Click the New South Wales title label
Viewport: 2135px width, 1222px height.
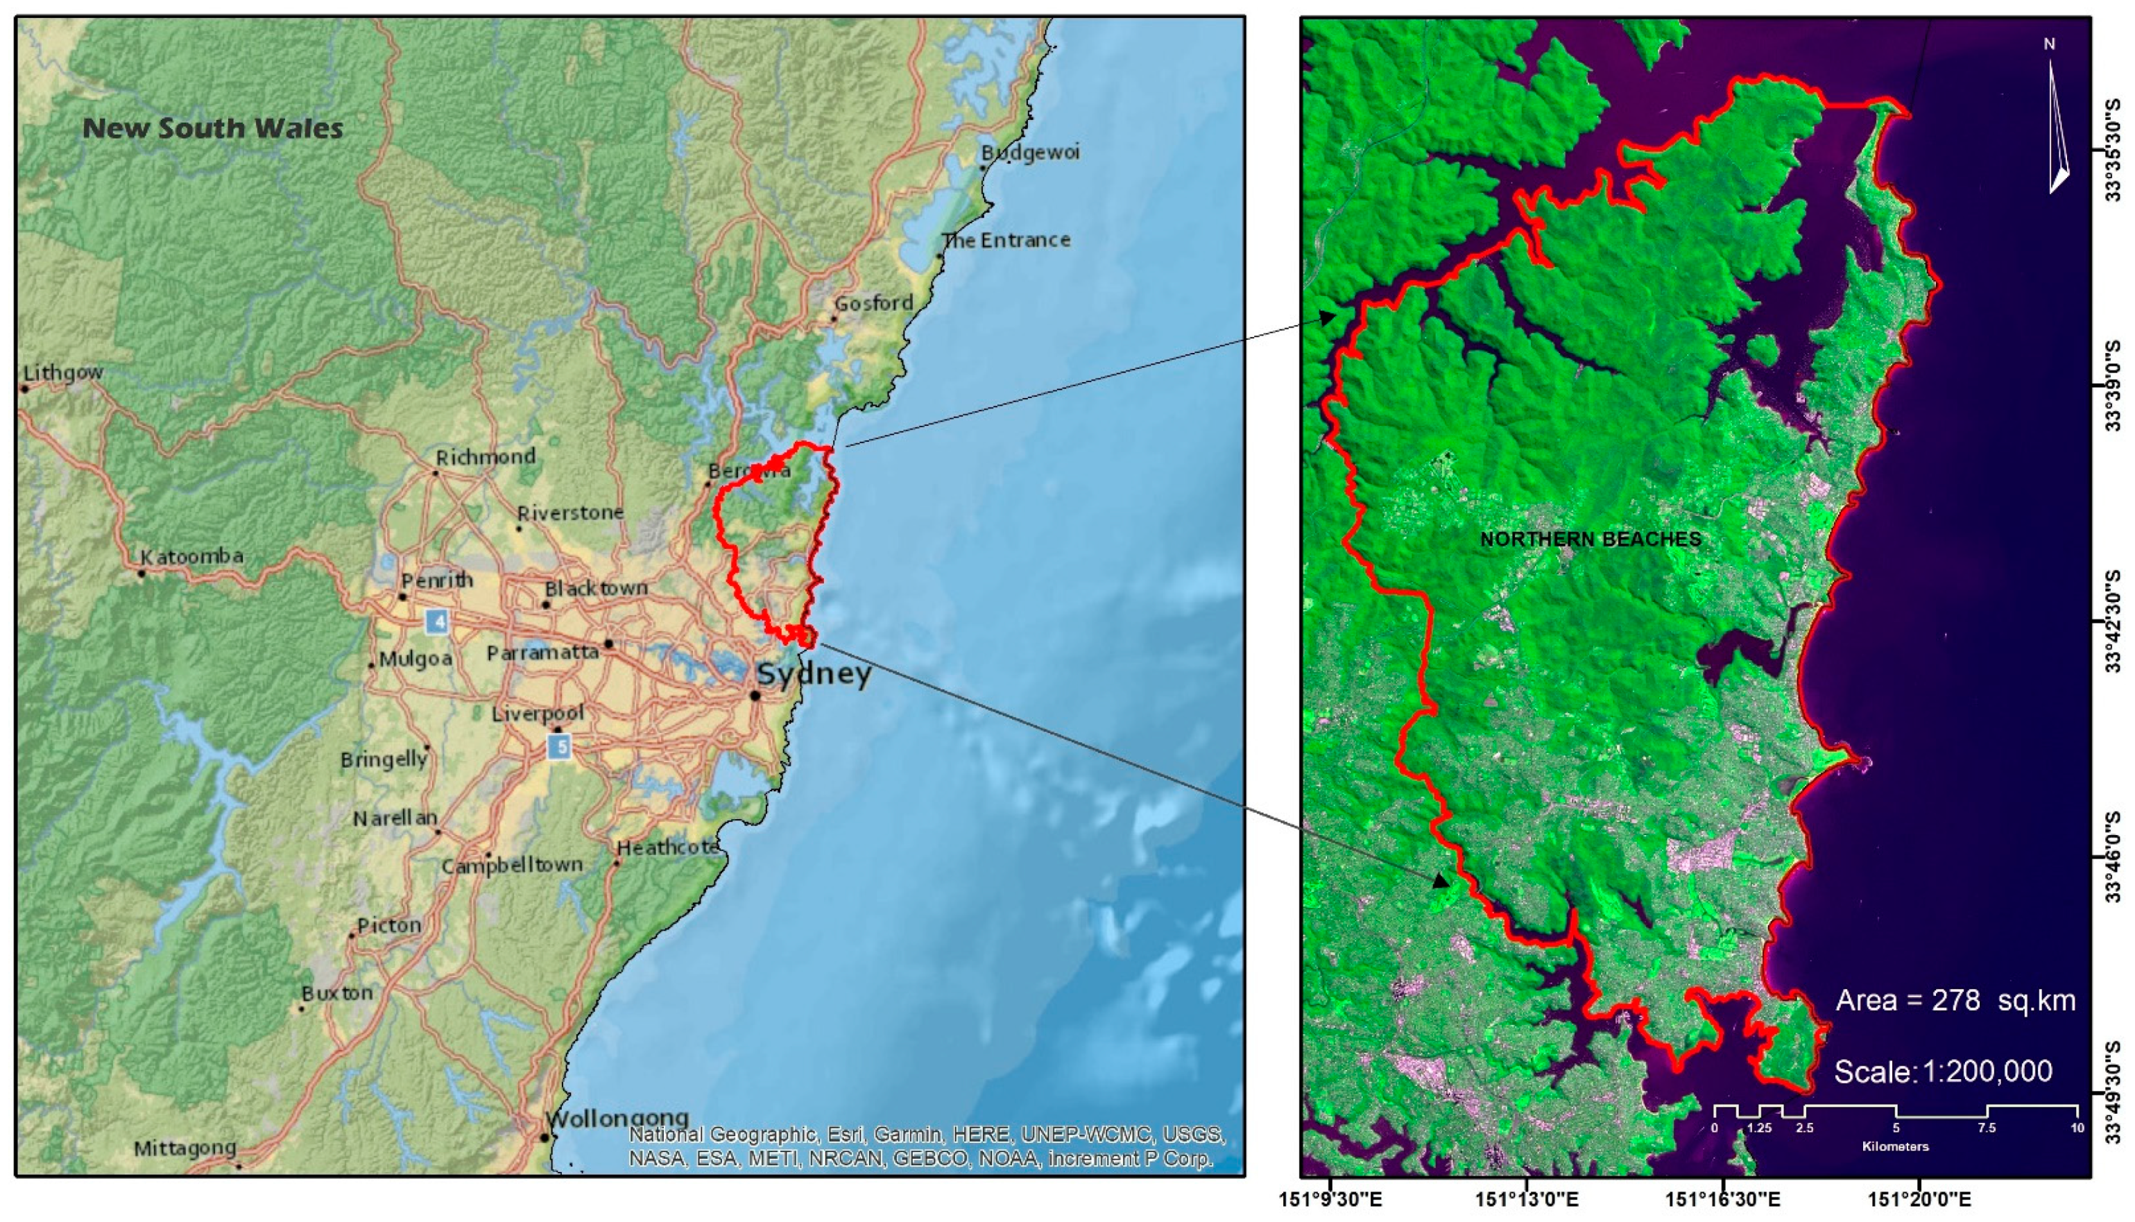pyautogui.click(x=212, y=128)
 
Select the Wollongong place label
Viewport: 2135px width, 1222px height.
pyautogui.click(x=617, y=1119)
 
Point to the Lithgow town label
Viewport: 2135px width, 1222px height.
pyautogui.click(x=63, y=372)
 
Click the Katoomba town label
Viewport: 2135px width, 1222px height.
pyautogui.click(x=191, y=556)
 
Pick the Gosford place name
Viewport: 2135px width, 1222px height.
pyautogui.click(x=873, y=303)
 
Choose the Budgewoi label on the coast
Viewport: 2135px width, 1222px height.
pyautogui.click(x=1030, y=153)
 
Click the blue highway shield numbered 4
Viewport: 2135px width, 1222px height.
pyautogui.click(x=436, y=621)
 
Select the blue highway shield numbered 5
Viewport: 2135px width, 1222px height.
pyautogui.click(x=559, y=746)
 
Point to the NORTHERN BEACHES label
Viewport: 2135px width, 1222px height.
pyautogui.click(x=1590, y=540)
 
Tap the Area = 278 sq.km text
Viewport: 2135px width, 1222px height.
pyautogui.click(x=1955, y=1001)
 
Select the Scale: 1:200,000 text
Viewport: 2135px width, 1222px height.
pyautogui.click(x=1943, y=1072)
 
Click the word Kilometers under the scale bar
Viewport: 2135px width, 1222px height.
pyautogui.click(x=1895, y=1146)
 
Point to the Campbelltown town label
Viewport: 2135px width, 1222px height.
pyautogui.click(x=512, y=866)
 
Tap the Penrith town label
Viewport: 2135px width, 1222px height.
pyautogui.click(x=436, y=580)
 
